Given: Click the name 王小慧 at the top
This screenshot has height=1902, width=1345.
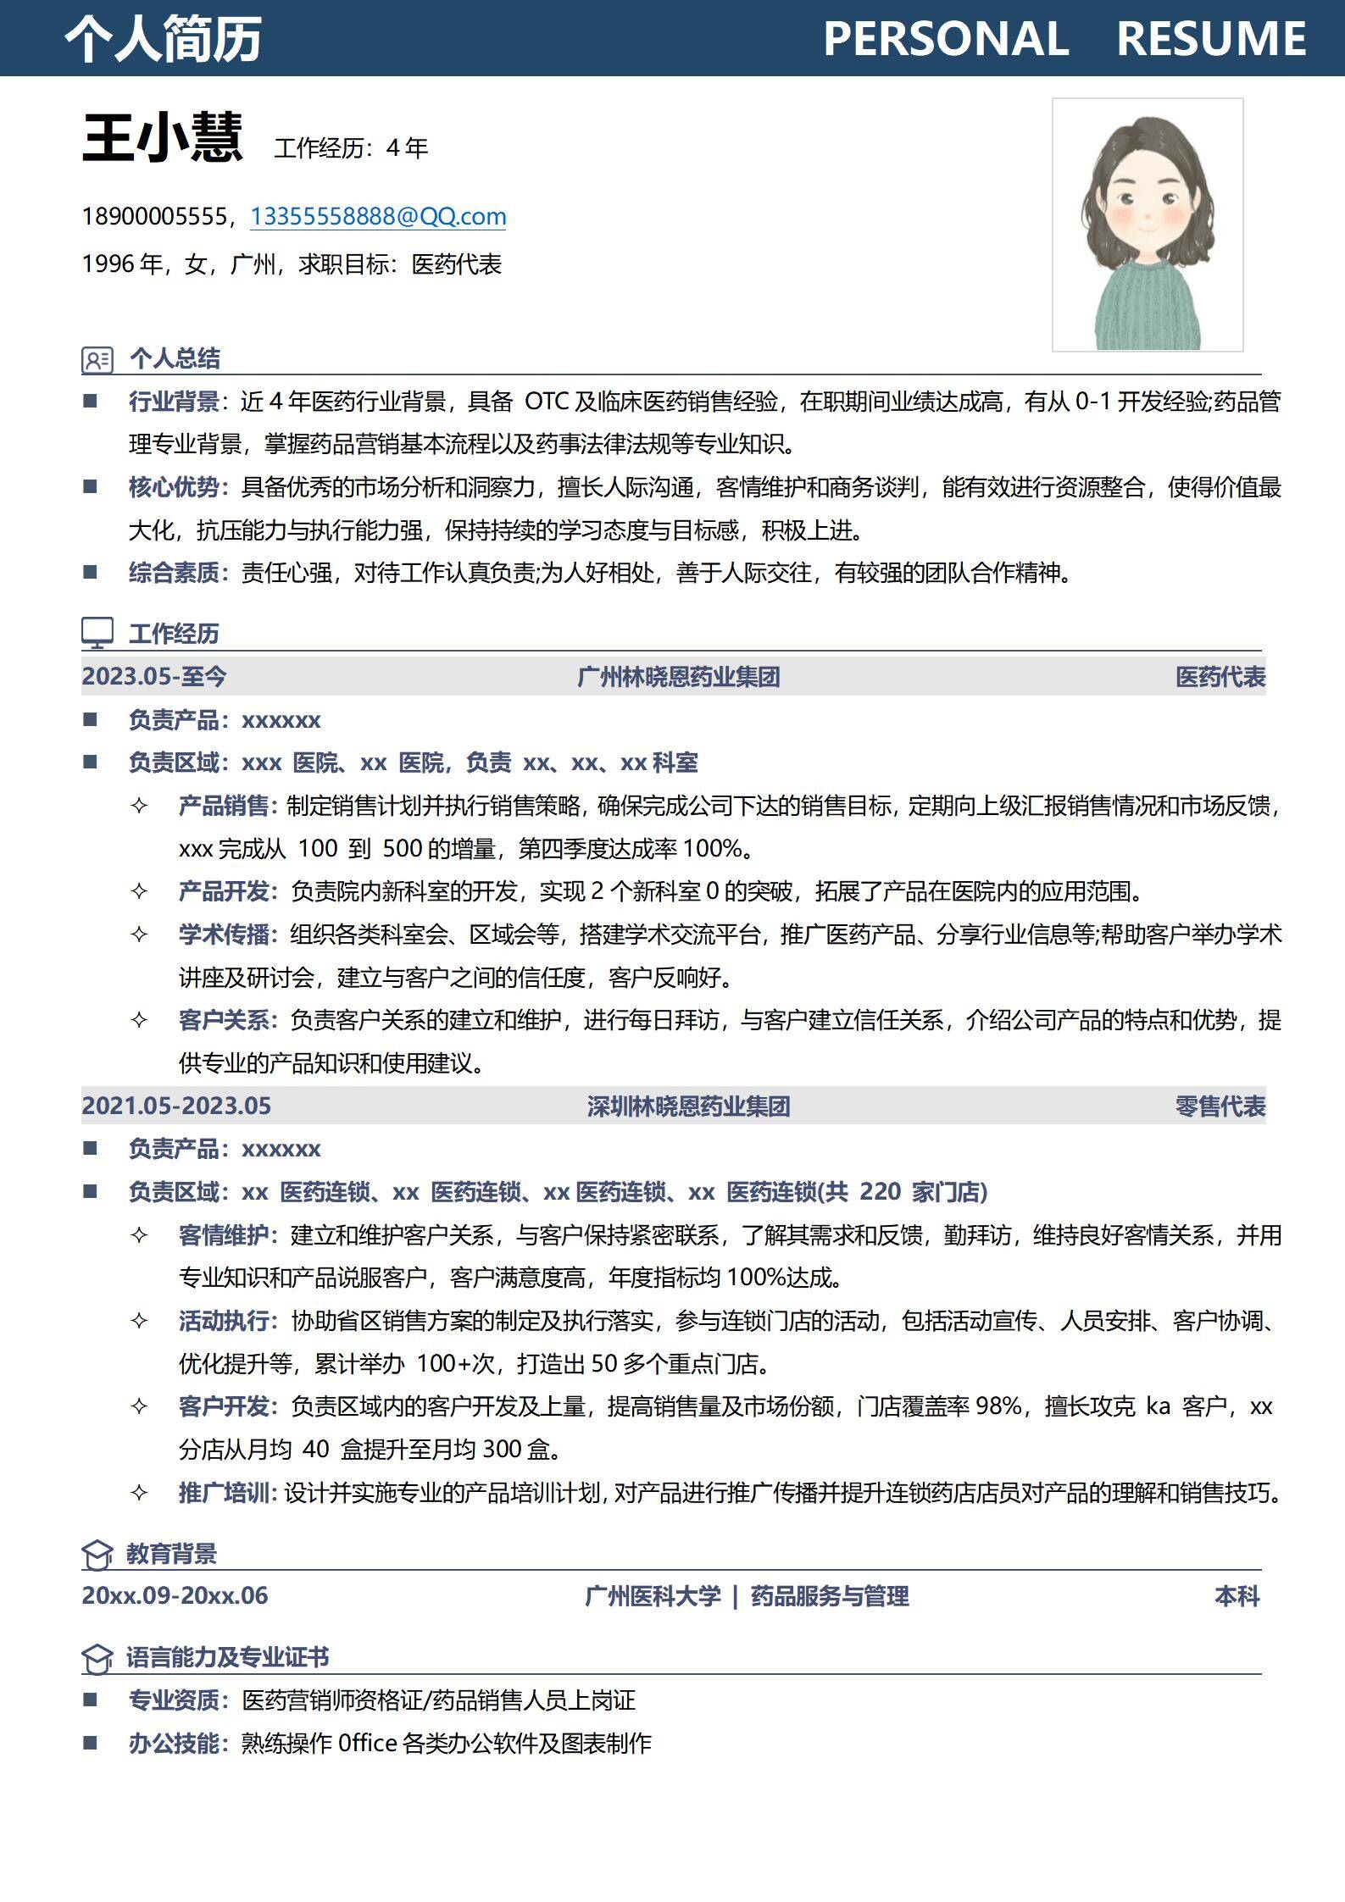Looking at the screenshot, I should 162,138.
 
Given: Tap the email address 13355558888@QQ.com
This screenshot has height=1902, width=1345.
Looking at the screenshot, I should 378,217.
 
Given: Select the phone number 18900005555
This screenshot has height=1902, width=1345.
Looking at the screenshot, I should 154,217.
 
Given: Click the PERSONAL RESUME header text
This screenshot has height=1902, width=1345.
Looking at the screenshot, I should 1064,39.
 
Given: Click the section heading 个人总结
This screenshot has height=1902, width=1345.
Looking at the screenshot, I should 175,358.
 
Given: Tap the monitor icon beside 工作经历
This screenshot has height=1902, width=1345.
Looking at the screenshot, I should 97,633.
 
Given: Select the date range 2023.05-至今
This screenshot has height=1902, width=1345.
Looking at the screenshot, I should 154,676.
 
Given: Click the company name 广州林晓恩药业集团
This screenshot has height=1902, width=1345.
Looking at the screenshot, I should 678,677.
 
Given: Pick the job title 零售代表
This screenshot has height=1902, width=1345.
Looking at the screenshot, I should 1220,1106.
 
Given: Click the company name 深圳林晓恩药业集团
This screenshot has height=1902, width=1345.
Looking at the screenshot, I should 688,1106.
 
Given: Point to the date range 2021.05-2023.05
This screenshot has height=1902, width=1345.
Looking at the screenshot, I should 176,1106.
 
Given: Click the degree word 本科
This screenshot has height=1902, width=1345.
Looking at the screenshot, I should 1237,1596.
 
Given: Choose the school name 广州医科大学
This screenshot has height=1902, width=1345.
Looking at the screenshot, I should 653,1596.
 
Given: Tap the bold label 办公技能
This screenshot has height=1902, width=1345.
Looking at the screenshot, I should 175,1743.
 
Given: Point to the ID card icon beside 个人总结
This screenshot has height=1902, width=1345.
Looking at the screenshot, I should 97,359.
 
